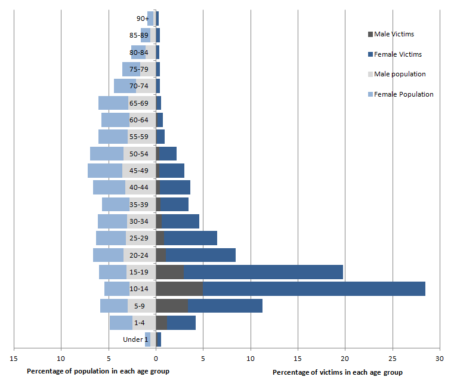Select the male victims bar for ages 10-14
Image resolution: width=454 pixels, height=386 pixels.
coord(179,289)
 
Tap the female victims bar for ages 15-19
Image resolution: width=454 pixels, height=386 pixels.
coord(262,272)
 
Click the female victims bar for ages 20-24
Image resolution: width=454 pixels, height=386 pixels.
coord(200,255)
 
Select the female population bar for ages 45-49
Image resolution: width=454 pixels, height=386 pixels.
coord(105,171)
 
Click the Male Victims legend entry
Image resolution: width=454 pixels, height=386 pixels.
coord(393,34)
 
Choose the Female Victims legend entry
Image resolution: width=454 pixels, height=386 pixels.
coord(397,54)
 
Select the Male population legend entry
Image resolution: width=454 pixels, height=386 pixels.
coord(399,74)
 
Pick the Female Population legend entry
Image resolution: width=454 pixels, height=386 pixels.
coord(403,94)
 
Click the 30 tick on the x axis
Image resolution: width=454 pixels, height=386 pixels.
coord(439,359)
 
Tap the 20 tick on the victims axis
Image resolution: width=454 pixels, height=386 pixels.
coord(345,359)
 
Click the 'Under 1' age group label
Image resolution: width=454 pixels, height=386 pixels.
coord(135,339)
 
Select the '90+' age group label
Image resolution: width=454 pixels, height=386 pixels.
coord(142,18)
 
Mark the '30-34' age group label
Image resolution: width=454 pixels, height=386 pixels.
coord(139,221)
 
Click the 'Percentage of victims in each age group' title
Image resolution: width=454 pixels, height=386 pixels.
coord(337,372)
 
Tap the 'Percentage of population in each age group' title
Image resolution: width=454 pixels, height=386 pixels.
coord(98,371)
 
